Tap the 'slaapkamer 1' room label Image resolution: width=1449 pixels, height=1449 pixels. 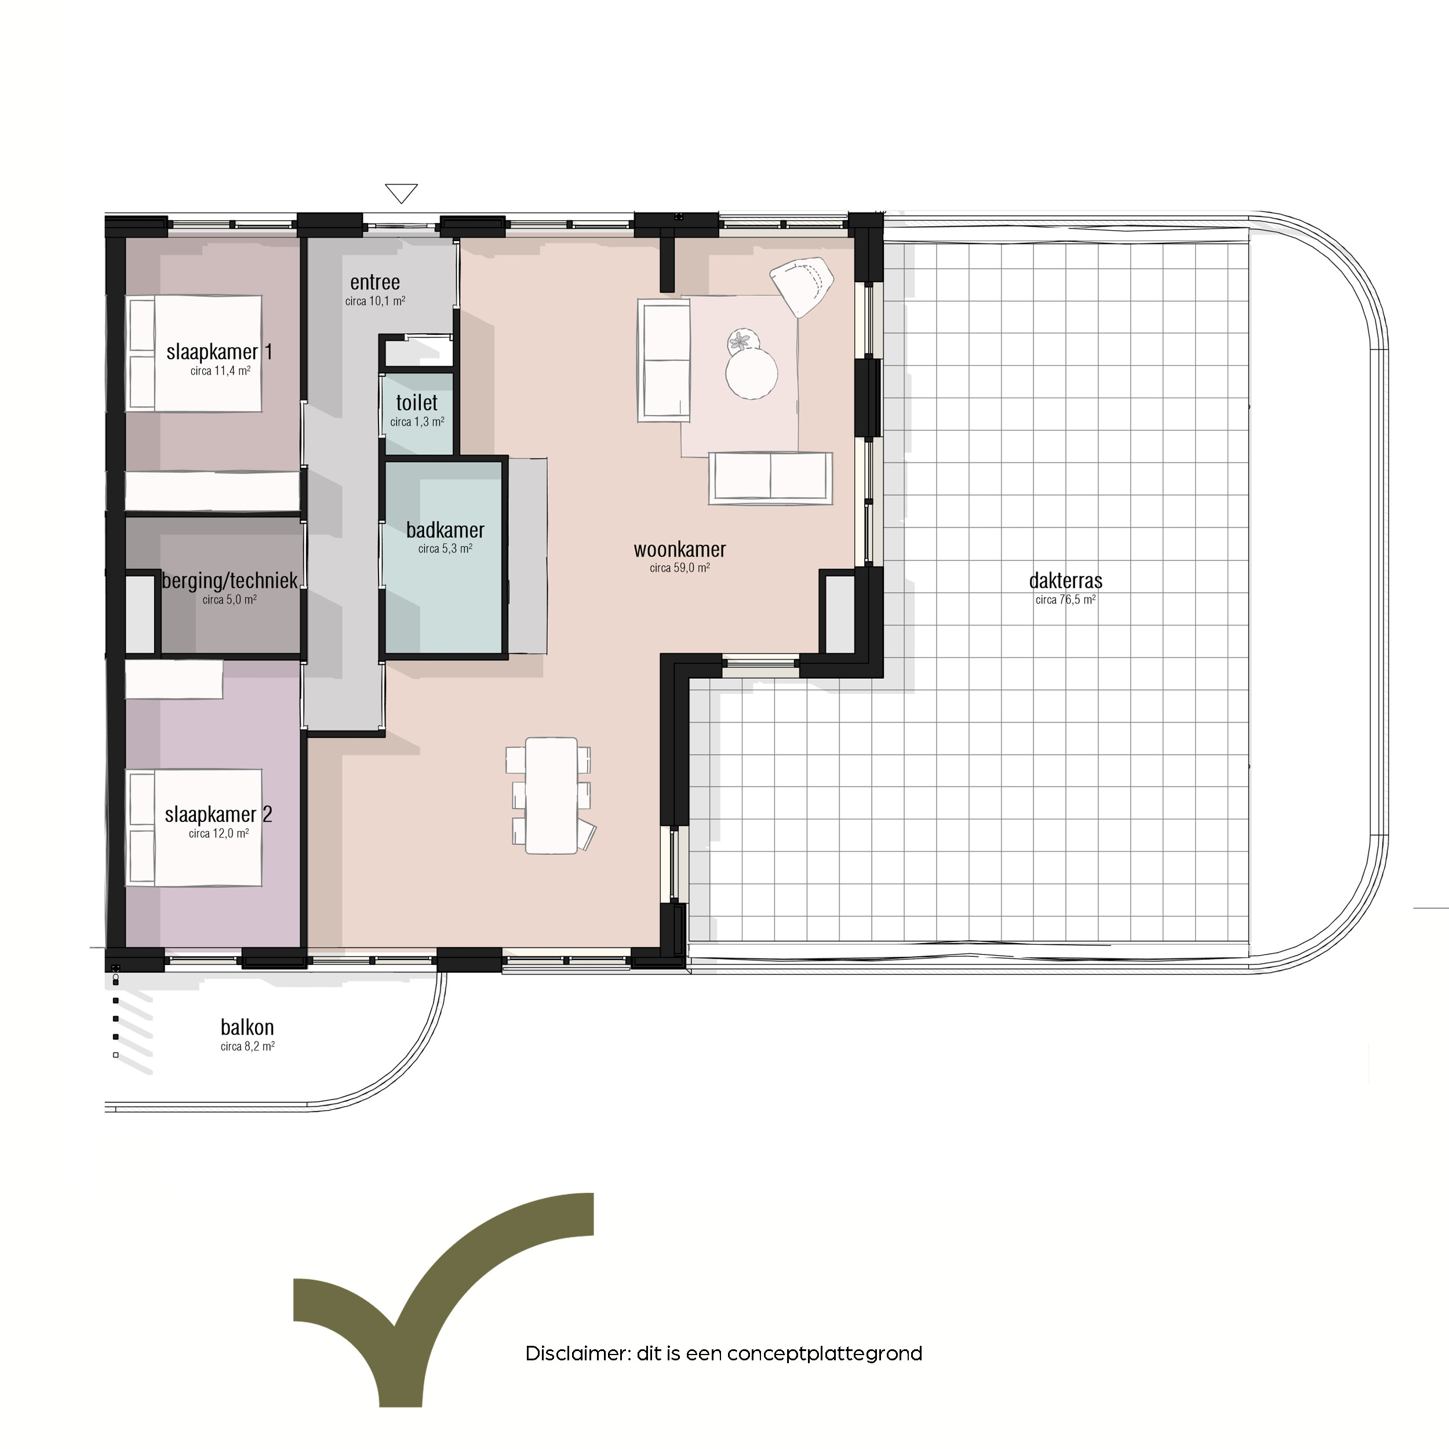(219, 352)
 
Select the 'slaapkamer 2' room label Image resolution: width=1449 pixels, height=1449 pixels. (219, 814)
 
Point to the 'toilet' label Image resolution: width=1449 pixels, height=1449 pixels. (417, 403)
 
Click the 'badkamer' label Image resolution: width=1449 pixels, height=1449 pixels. (446, 530)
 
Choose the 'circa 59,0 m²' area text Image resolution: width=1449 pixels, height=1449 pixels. (679, 568)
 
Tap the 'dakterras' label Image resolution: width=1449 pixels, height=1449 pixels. (1066, 581)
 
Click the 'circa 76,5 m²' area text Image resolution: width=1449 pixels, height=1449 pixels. (1066, 599)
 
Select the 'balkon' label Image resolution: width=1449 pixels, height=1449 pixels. (247, 1028)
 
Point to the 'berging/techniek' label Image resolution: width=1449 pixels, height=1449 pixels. (230, 581)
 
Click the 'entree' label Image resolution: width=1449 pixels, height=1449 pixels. (375, 283)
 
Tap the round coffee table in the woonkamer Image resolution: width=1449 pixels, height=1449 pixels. (752, 373)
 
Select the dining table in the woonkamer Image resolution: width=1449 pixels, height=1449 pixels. (551, 796)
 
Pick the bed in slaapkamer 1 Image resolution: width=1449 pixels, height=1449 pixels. (195, 353)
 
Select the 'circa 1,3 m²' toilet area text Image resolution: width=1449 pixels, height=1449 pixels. (417, 421)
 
